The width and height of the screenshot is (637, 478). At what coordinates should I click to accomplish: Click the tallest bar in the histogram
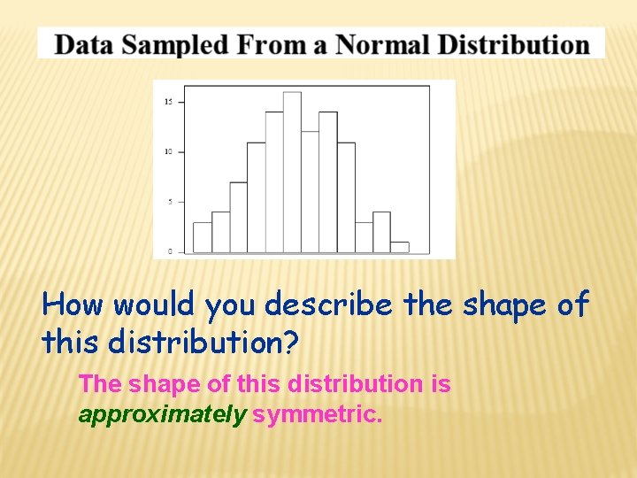coord(292,173)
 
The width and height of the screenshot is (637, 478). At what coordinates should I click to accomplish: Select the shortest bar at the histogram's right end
coord(400,247)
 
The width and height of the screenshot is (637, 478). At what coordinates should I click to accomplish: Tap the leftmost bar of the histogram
coord(202,237)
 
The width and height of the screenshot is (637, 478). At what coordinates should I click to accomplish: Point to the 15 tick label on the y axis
coord(168,102)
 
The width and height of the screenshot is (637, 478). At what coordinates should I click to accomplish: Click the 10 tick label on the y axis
coord(168,151)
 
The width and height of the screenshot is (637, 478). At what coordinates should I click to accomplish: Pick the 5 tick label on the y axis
coord(170,201)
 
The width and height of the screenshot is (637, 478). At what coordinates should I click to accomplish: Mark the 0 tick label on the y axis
coord(170,251)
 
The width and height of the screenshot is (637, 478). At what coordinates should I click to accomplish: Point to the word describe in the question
coord(328,305)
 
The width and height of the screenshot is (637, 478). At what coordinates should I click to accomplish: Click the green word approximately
coord(162,415)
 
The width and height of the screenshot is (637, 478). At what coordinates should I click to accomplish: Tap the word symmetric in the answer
coord(318,414)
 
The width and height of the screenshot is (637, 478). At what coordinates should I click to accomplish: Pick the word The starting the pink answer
coord(100,384)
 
